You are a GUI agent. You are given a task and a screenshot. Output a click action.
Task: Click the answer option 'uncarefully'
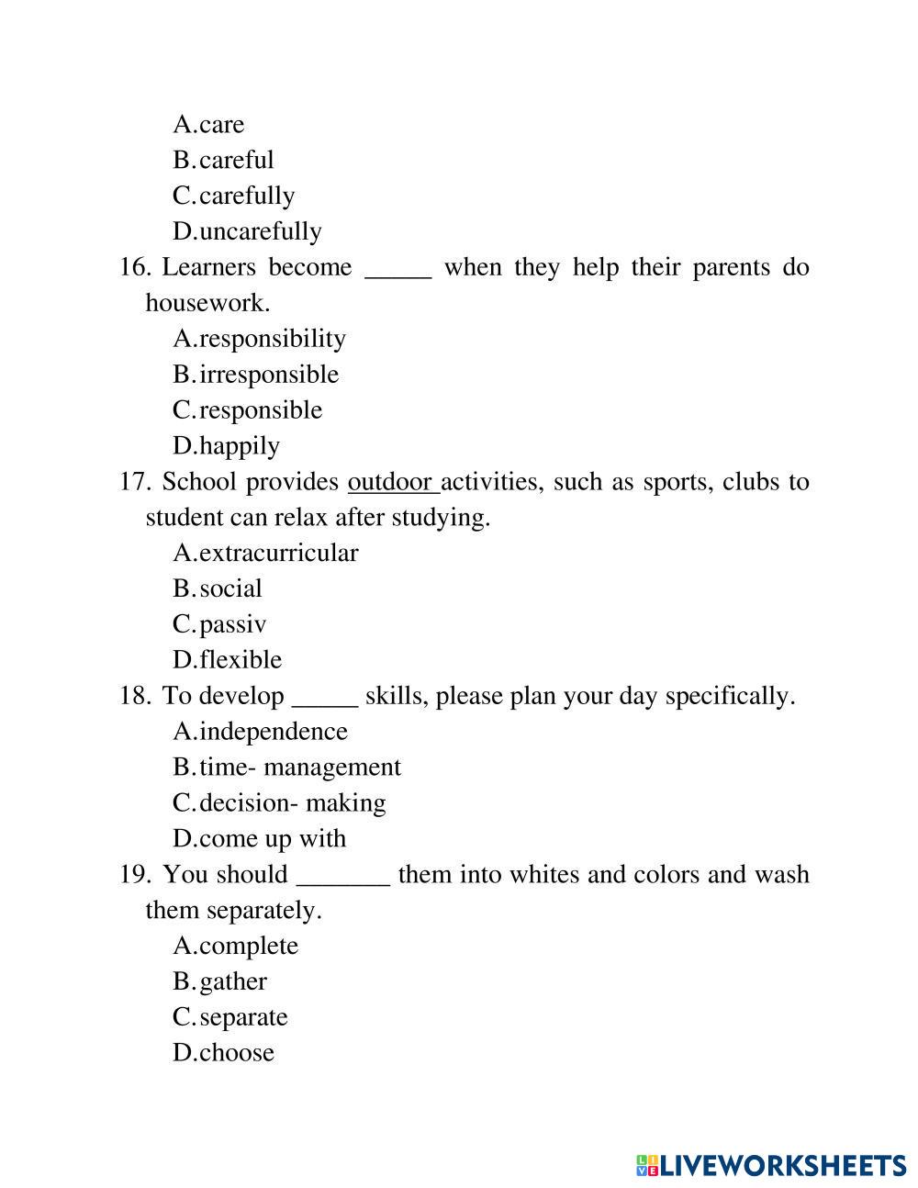[260, 231]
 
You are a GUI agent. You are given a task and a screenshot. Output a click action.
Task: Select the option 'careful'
[236, 160]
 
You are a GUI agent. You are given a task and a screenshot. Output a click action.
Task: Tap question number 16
[135, 267]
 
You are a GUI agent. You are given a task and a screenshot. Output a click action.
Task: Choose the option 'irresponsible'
[268, 375]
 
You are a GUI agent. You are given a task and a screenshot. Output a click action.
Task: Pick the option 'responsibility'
[272, 339]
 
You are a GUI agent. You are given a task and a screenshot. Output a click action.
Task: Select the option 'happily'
[239, 446]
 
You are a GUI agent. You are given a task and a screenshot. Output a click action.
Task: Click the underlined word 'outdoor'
[391, 482]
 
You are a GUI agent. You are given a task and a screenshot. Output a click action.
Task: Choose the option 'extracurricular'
[278, 553]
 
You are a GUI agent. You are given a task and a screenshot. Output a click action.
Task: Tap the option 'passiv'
[232, 624]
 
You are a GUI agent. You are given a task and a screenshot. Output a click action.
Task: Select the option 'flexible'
[240, 660]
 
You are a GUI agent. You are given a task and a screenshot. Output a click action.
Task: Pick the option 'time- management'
[299, 768]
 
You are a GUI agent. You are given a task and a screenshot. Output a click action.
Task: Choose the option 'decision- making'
[292, 803]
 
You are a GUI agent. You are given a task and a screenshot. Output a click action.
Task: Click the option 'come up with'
[272, 839]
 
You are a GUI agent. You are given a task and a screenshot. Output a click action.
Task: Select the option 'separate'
[243, 1017]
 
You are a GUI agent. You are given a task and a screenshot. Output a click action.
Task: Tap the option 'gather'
[232, 981]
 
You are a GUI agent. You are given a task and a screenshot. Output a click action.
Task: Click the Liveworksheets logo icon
[646, 1166]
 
